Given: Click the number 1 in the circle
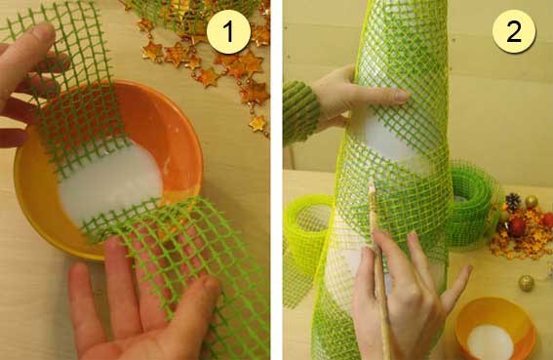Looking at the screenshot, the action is click(x=228, y=31).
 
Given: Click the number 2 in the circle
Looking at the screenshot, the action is click(x=513, y=31).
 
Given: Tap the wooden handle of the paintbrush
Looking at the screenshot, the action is click(x=380, y=282).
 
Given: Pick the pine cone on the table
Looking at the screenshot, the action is click(x=513, y=202).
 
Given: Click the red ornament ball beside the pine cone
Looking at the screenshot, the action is click(x=517, y=226).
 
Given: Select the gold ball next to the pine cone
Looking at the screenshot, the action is click(x=531, y=202).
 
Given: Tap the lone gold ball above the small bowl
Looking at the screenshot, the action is click(x=526, y=283).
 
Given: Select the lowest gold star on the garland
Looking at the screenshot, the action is click(x=258, y=124).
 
